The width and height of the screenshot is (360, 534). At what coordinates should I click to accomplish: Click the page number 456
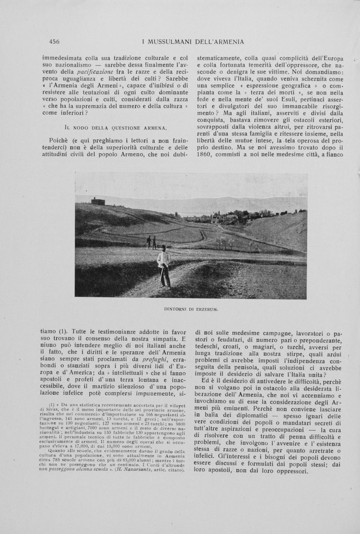53,42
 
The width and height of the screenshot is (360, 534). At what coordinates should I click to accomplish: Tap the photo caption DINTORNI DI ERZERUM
191,309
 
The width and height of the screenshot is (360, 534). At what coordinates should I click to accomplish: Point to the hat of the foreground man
163,247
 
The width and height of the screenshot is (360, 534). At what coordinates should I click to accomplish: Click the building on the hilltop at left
97,201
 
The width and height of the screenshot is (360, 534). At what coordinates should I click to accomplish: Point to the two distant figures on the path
152,242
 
